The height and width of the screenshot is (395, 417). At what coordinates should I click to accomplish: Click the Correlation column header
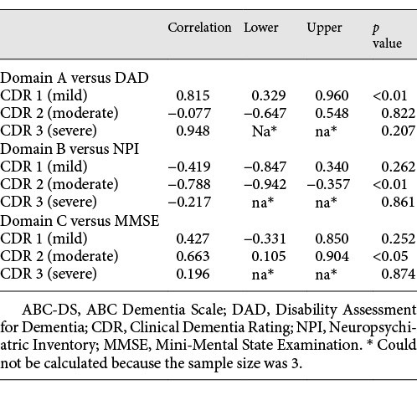(x=199, y=28)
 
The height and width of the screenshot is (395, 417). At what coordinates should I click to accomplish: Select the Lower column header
(x=261, y=28)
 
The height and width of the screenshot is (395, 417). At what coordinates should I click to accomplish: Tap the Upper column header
(x=324, y=28)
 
